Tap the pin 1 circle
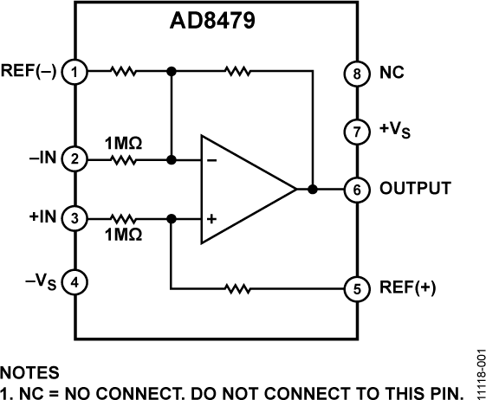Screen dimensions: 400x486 click(x=76, y=72)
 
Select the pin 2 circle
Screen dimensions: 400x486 click(x=76, y=159)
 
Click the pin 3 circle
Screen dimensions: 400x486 click(x=76, y=217)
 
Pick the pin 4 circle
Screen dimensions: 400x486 click(x=76, y=282)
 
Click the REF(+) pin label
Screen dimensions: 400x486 click(x=400, y=289)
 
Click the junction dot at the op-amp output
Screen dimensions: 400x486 click(x=311, y=188)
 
